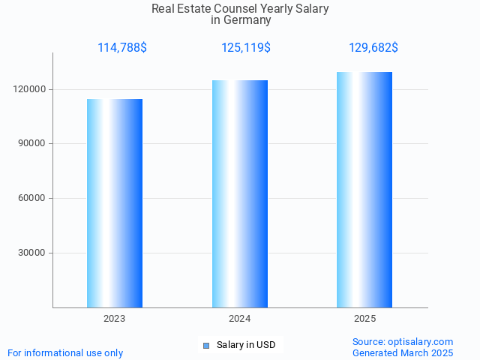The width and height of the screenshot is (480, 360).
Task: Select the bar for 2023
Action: click(x=115, y=203)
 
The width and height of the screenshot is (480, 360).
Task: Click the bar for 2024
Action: click(x=240, y=193)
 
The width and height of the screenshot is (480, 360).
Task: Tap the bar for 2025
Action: click(x=364, y=190)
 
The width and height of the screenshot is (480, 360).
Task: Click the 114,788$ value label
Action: click(x=122, y=48)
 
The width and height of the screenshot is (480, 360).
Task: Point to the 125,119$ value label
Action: click(x=246, y=48)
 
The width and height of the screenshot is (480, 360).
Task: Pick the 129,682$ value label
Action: click(x=373, y=48)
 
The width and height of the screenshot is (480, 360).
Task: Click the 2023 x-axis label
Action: click(x=115, y=319)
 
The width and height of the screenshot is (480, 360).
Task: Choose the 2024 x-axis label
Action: click(x=240, y=319)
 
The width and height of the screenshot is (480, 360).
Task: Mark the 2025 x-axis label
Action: click(x=364, y=319)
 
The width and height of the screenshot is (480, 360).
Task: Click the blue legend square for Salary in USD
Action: click(x=206, y=346)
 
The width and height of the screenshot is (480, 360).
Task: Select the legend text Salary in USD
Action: click(x=246, y=345)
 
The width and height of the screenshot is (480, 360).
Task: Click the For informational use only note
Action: click(x=65, y=352)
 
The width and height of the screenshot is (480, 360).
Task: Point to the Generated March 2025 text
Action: click(x=403, y=352)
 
